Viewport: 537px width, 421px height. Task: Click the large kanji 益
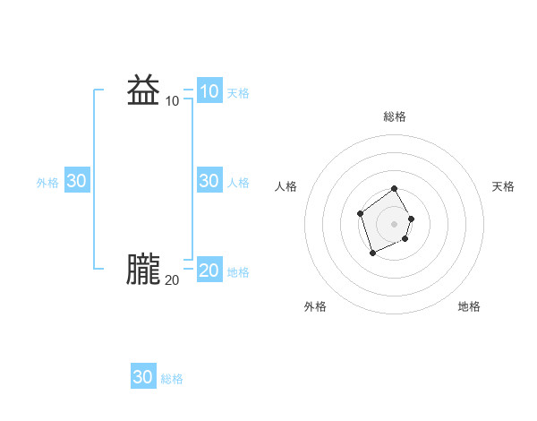(143, 91)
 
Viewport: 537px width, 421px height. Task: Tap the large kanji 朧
(143, 270)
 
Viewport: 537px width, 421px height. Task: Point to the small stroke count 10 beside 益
(172, 101)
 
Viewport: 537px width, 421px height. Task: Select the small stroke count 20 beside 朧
(172, 280)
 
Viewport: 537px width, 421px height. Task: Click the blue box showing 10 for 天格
(209, 91)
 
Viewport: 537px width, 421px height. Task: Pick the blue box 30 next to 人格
(209, 181)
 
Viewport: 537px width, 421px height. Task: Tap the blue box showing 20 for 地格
(209, 271)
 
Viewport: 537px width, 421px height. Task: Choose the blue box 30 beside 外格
(77, 181)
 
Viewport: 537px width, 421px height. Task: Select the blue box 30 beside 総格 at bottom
(143, 377)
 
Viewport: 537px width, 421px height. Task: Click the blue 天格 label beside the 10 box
(238, 92)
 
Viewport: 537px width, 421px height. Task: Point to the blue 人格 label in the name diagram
(238, 182)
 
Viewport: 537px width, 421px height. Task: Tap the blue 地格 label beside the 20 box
(238, 271)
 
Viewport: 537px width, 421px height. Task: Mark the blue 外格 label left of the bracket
(47, 182)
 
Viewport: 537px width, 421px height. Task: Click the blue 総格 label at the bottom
(172, 379)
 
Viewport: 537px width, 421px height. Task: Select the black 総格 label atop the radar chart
(395, 116)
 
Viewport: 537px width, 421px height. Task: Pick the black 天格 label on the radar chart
(503, 186)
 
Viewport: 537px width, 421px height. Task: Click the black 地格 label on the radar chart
(469, 306)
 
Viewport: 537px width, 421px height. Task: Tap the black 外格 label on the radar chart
(315, 306)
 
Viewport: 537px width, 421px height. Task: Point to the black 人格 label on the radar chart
(286, 186)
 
